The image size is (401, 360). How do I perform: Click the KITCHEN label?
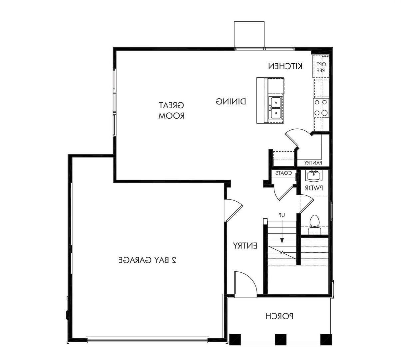pos(285,66)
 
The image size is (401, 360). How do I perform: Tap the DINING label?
pos(231,101)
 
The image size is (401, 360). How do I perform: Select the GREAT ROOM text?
pos(172,111)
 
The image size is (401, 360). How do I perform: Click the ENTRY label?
pos(245,246)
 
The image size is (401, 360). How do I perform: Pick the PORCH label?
pos(279,316)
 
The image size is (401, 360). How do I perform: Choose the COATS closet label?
pos(283,173)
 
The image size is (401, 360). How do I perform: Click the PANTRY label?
pos(313,163)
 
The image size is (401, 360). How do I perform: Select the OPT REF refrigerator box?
pos(320,67)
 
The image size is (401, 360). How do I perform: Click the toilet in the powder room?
pos(314,225)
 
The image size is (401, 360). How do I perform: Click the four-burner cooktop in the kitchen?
pos(321,108)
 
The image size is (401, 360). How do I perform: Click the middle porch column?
pos(280,339)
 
